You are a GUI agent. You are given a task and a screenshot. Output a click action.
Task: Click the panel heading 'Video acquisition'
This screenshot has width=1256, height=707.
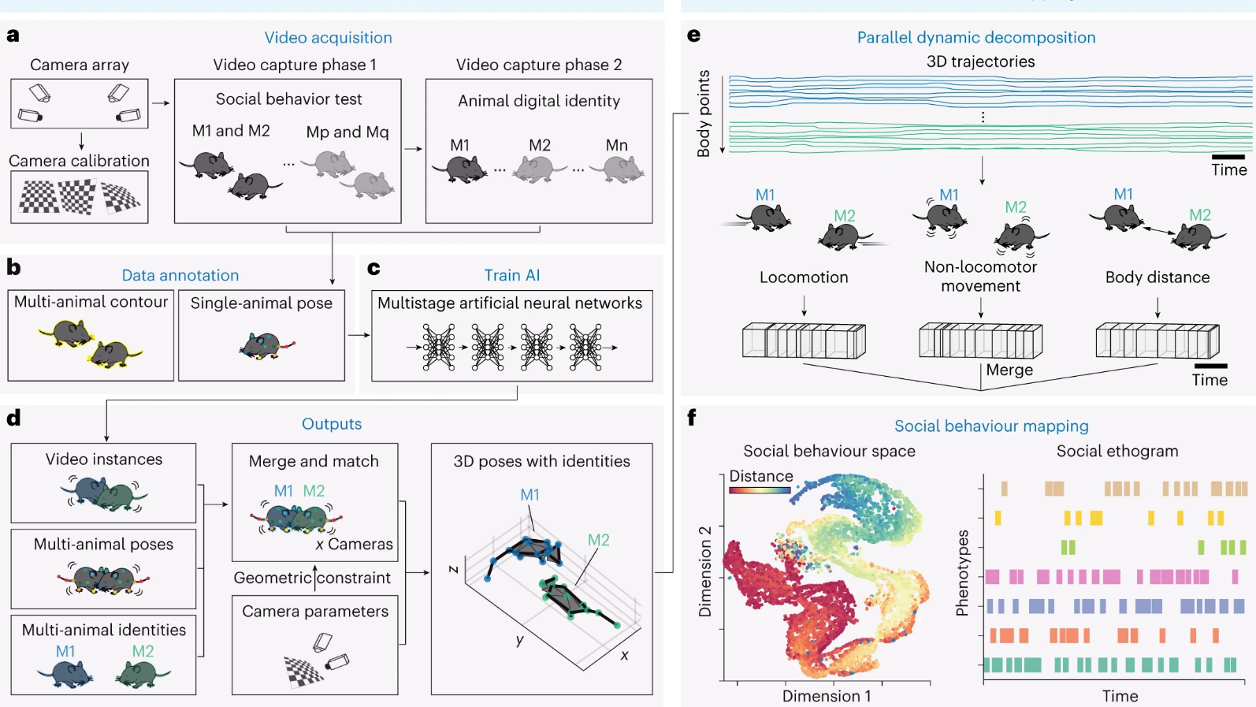point(328,38)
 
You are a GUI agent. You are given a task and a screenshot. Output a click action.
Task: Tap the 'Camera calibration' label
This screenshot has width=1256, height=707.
point(79,161)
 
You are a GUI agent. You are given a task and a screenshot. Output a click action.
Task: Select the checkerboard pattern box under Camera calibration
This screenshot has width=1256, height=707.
point(80,197)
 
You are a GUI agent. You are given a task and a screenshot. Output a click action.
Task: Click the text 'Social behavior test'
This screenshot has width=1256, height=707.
point(288,99)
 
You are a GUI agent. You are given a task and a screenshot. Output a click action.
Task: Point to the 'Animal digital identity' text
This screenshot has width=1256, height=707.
point(539,101)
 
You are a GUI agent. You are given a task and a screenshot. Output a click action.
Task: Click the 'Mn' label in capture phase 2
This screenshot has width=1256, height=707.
point(616,145)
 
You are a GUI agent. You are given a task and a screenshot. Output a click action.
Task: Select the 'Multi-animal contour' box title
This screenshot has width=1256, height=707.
point(91,302)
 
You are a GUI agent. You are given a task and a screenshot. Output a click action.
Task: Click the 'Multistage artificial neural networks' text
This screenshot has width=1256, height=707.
point(510,303)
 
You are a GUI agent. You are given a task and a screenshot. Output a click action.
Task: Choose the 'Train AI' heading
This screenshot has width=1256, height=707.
point(512,275)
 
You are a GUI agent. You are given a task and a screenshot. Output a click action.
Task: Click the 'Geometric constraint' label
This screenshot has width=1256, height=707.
point(312,578)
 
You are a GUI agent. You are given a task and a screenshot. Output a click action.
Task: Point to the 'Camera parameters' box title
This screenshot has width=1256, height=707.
point(315,612)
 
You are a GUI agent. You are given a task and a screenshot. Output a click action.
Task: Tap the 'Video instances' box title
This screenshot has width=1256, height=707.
point(104,460)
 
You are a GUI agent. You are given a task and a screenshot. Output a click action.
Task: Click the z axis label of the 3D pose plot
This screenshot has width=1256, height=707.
point(454,569)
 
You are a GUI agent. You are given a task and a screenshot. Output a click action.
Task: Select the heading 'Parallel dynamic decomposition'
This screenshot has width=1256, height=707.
point(976,38)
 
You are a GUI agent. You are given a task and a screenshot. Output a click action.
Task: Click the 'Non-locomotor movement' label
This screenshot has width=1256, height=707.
point(980,277)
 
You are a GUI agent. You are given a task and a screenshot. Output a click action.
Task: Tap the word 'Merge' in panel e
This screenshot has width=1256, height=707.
point(1009,370)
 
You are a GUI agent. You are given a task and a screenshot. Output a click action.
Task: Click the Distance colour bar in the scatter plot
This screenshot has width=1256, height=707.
point(760,490)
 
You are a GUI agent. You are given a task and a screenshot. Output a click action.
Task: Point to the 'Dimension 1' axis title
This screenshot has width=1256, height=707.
point(827,696)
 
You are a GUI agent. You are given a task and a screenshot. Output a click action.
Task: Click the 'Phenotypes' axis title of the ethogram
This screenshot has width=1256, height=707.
point(962,572)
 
